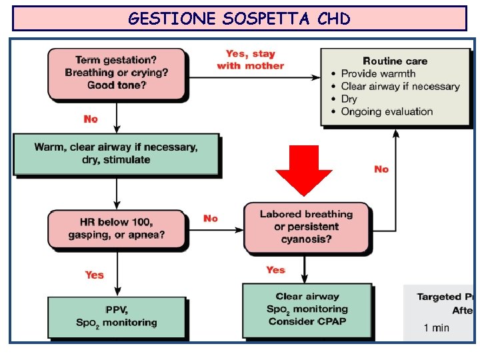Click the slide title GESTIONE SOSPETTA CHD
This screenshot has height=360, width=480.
pos(239,19)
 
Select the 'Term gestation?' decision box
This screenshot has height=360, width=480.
pos(117,73)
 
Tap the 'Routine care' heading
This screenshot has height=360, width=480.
pos(395,61)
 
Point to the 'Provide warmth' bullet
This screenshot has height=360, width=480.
pos(378,73)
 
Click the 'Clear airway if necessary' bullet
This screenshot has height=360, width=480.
pos(400,86)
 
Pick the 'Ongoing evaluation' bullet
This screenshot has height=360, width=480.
pos(387,111)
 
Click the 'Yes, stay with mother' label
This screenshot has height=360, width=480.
pos(250,59)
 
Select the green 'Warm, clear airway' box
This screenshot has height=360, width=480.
pos(116,153)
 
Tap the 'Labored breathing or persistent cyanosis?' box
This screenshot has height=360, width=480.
pos(306,227)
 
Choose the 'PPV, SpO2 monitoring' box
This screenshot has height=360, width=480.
pos(116,316)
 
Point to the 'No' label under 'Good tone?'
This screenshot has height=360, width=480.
pos(91,119)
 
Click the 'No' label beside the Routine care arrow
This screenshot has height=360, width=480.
pos(381,169)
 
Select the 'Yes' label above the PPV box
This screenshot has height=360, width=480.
pos(95,275)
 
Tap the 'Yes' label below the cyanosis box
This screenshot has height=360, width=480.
pos(275,270)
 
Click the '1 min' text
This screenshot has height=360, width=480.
pos(436,327)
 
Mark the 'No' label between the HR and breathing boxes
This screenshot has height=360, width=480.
pos(211,218)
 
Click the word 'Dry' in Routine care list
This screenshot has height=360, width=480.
pos(349,99)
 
